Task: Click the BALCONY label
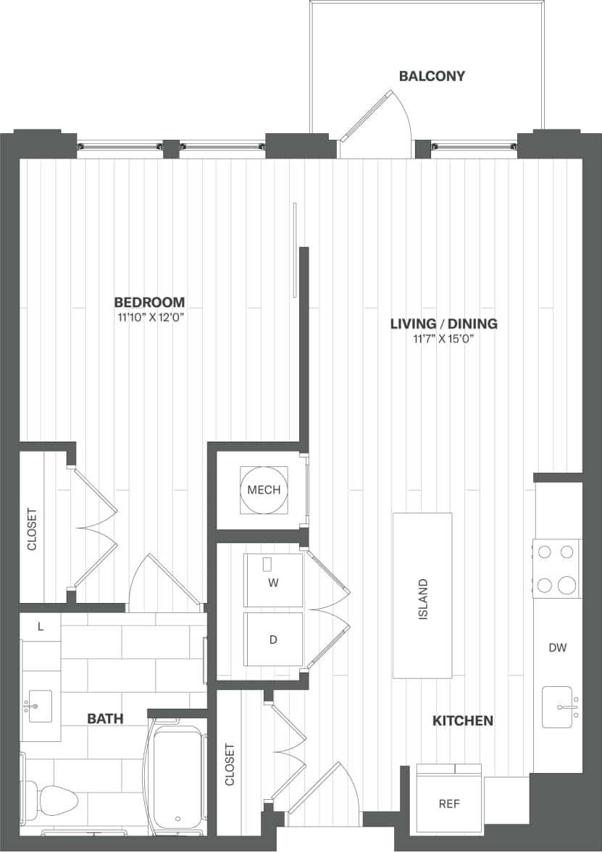tap(432, 76)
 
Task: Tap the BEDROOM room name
tap(149, 302)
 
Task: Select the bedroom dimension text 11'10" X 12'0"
tap(149, 318)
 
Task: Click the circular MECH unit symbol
tap(264, 490)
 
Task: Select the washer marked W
tap(273, 581)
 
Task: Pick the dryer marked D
tap(273, 639)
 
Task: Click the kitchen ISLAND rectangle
tap(422, 595)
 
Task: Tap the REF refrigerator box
tap(449, 802)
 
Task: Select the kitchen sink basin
tap(557, 707)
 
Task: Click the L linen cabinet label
tap(41, 627)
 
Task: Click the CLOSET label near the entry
tap(230, 764)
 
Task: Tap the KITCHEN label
tap(463, 720)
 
